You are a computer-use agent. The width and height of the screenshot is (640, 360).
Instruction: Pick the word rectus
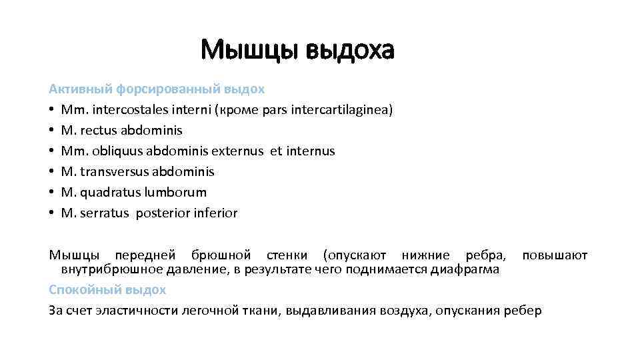(x=97, y=130)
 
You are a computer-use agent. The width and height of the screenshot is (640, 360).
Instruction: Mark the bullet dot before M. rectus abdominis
(x=51, y=130)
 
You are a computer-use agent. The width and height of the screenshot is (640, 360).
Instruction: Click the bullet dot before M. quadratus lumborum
(x=51, y=192)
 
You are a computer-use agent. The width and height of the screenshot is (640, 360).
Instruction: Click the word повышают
(x=555, y=255)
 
